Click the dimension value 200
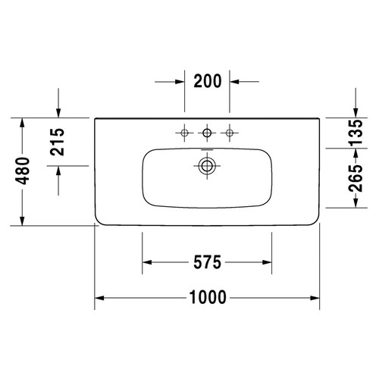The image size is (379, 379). [208, 80]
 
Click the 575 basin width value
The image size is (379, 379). [206, 263]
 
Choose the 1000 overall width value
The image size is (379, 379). [206, 298]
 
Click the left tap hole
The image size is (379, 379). [183, 134]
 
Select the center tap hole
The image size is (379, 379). [207, 134]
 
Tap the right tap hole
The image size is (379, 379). [230, 134]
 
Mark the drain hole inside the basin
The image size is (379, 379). [207, 164]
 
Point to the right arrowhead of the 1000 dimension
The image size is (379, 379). [314, 298]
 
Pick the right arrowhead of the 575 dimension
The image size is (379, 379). [266, 263]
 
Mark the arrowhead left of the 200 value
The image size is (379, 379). [179, 80]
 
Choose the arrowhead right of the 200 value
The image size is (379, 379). [236, 80]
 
